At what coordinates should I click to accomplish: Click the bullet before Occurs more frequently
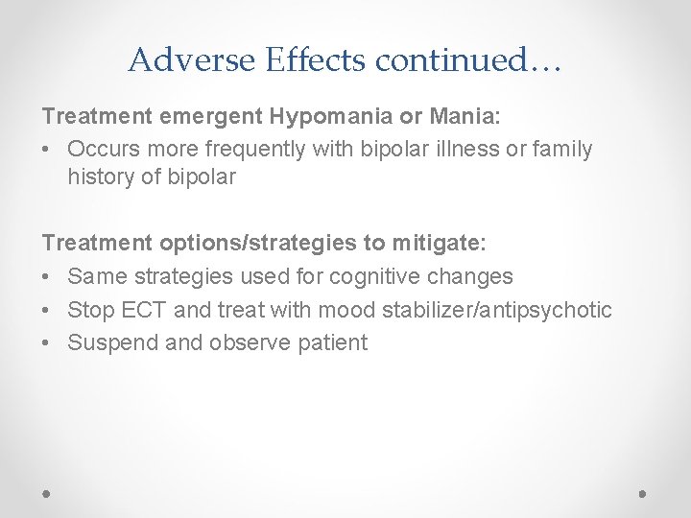click(48, 149)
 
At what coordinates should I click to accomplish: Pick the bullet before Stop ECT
click(48, 310)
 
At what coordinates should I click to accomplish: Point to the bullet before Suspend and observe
click(48, 342)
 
